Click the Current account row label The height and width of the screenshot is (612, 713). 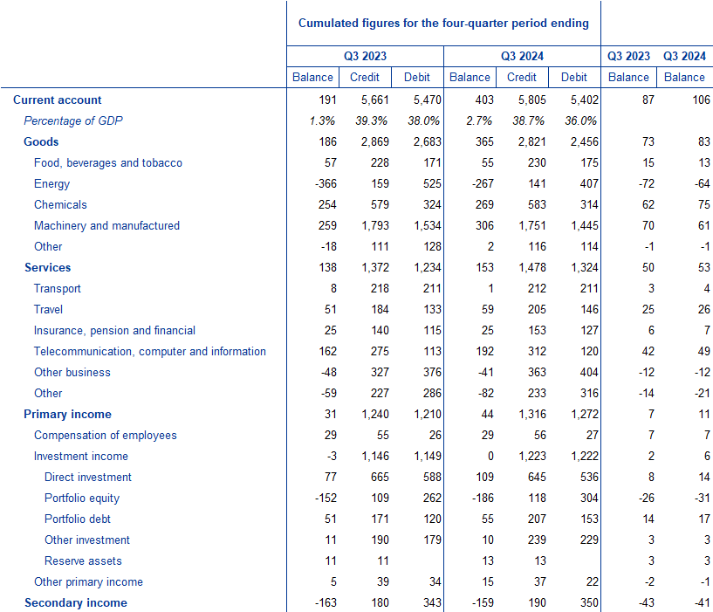click(58, 100)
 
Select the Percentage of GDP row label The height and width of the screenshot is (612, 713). click(73, 120)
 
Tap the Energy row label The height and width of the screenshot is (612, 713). click(51, 184)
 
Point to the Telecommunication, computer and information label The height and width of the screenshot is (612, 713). click(150, 351)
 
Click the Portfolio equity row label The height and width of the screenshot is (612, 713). click(82, 499)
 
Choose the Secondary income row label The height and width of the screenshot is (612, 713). click(76, 603)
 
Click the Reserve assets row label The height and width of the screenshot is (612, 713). click(83, 561)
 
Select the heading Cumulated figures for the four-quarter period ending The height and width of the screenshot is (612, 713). click(443, 24)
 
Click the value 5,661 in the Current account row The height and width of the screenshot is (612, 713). click(375, 100)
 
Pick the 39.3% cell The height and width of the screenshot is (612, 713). click(372, 120)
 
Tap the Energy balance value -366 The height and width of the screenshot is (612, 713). click(326, 184)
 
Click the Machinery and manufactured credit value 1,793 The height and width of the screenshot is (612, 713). click(375, 226)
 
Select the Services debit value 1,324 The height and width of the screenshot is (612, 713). click(585, 267)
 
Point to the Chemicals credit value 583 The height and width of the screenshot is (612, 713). click(537, 205)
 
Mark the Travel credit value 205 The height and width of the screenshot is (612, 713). click(537, 309)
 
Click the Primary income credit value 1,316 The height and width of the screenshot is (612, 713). click(532, 414)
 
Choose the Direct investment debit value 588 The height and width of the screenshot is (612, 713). click(432, 477)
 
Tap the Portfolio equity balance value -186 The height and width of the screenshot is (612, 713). click(483, 498)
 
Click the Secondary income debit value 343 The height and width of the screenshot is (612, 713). click(432, 602)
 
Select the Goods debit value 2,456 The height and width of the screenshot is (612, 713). click(585, 142)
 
